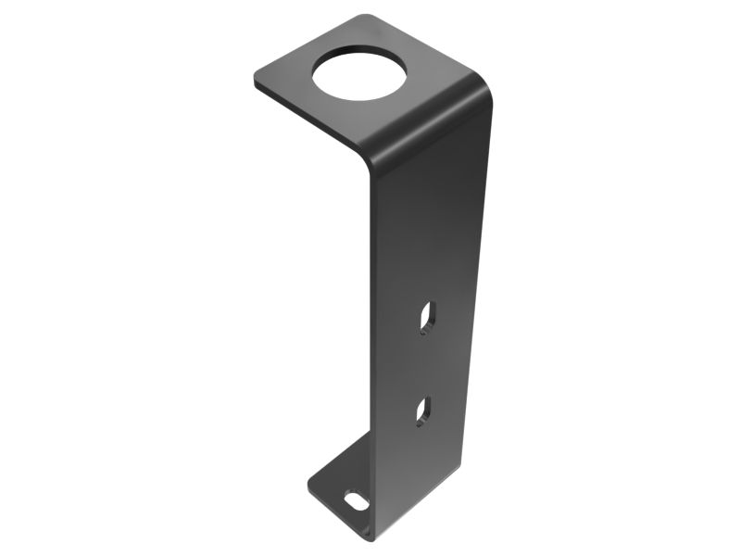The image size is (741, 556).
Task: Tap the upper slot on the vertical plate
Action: pos(427,317)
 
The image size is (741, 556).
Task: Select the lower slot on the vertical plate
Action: pos(422,411)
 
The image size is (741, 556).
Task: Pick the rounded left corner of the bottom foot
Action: pos(311,482)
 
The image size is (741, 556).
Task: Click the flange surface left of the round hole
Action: pos(292,79)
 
